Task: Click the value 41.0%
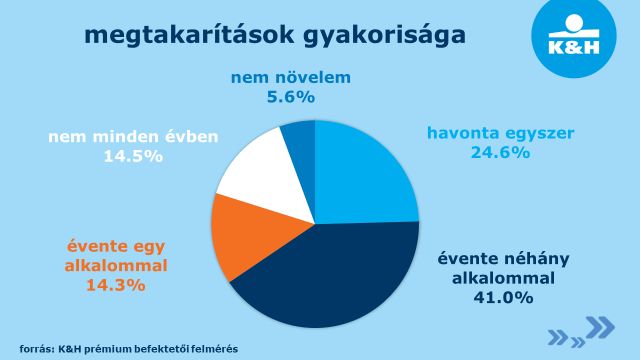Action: [503, 298]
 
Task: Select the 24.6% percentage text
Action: [500, 152]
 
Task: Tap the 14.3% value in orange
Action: [116, 285]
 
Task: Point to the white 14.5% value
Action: [133, 156]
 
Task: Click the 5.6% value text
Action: [291, 97]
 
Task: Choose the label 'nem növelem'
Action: [291, 77]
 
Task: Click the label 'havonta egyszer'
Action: [500, 133]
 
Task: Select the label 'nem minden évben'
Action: [133, 136]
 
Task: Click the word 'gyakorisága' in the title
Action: [384, 36]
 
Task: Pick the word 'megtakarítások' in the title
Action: [189, 36]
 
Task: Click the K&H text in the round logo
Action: [574, 47]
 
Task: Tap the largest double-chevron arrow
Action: [600, 327]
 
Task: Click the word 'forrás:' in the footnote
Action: [37, 349]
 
